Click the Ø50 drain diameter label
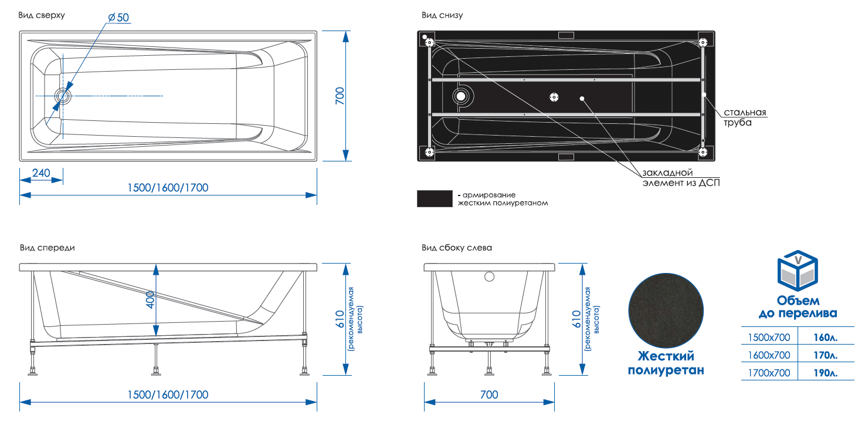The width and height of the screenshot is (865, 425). tap(118, 18)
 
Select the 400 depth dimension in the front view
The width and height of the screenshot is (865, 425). tap(150, 299)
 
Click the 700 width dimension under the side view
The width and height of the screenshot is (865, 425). tap(489, 394)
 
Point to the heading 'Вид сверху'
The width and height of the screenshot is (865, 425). tap(41, 15)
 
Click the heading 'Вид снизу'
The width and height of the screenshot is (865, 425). tap(442, 15)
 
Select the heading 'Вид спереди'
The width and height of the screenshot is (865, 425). tap(47, 248)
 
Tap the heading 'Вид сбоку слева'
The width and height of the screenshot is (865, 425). tap(457, 248)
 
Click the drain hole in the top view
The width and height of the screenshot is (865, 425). tap(62, 95)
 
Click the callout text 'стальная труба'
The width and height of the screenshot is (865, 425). tap(745, 117)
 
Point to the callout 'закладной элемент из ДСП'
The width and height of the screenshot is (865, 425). tap(680, 178)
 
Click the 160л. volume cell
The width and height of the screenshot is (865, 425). tap(825, 338)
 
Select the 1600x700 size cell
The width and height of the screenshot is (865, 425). tap(769, 355)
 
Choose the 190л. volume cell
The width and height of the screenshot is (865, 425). tap(825, 373)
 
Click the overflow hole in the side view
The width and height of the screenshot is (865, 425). tap(490, 276)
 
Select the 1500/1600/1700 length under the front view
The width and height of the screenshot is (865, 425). tap(168, 394)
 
